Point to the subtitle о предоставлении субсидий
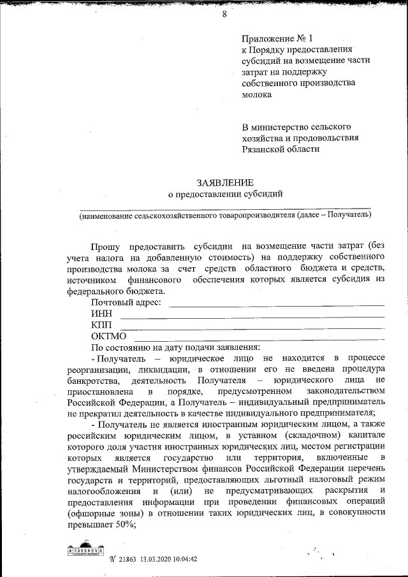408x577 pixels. pos(224,193)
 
